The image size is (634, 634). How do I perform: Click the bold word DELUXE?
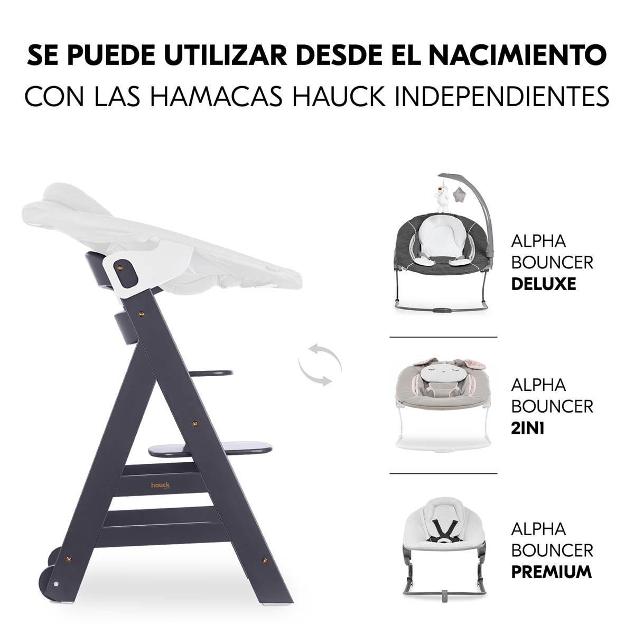pos(543,284)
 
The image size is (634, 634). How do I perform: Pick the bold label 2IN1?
pos(527,427)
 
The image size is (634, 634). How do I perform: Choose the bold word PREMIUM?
pos(551,571)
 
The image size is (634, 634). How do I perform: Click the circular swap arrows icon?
pos(320,364)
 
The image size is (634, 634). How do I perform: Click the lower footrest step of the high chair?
pos(210,450)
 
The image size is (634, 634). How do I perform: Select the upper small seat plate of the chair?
pos(211,373)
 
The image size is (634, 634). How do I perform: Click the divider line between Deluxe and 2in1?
pos(443,337)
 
